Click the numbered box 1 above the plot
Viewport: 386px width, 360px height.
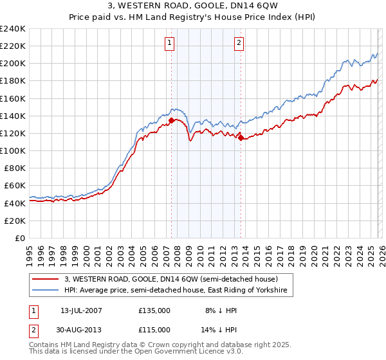(170, 43)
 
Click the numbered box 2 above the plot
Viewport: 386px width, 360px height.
(239, 43)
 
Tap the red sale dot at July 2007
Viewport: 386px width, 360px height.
(172, 120)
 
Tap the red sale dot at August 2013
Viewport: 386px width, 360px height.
(241, 137)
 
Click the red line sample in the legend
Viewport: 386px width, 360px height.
(46, 279)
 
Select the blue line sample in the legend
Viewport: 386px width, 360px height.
(46, 291)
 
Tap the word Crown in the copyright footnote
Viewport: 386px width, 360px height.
(161, 345)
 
